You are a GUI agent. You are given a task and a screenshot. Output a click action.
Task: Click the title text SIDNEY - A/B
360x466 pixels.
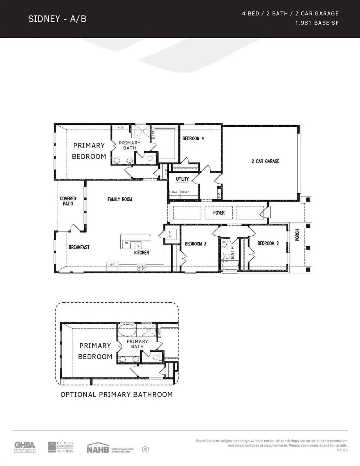pyautogui.click(x=57, y=19)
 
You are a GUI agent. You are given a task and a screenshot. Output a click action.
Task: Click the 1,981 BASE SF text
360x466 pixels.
pyautogui.click(x=317, y=23)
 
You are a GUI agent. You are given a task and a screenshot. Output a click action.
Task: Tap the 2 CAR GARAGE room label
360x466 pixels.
pyautogui.click(x=265, y=161)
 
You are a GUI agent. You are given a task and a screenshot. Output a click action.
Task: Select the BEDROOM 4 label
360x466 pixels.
pyautogui.click(x=193, y=138)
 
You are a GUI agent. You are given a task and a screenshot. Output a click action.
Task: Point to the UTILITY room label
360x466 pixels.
pyautogui.click(x=182, y=179)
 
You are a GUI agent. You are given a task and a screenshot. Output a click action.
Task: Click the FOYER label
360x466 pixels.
pyautogui.click(x=219, y=213)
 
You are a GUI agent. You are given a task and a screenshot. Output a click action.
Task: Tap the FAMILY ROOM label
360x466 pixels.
pyautogui.click(x=120, y=199)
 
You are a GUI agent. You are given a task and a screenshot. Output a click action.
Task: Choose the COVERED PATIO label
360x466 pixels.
pyautogui.click(x=68, y=201)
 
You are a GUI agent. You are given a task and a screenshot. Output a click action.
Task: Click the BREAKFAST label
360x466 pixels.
pyautogui.click(x=79, y=247)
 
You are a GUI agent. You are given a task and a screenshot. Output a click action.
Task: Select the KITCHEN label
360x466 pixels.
pyautogui.click(x=141, y=252)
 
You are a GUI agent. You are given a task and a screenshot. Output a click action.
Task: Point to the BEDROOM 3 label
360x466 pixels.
pyautogui.click(x=195, y=244)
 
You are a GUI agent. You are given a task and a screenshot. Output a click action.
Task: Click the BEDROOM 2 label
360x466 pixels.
pyautogui.click(x=268, y=243)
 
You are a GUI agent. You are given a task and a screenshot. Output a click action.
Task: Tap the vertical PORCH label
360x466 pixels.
pyautogui.click(x=297, y=235)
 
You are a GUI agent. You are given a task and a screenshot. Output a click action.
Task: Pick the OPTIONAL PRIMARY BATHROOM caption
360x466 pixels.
pyautogui.click(x=116, y=394)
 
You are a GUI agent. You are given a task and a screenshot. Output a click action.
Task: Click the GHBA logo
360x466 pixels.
pyautogui.click(x=25, y=447)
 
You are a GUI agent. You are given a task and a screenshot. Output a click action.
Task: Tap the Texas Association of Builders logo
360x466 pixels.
pyautogui.click(x=61, y=447)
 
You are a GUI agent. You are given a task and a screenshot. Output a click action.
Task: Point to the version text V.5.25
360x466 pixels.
pyautogui.click(x=342, y=450)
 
